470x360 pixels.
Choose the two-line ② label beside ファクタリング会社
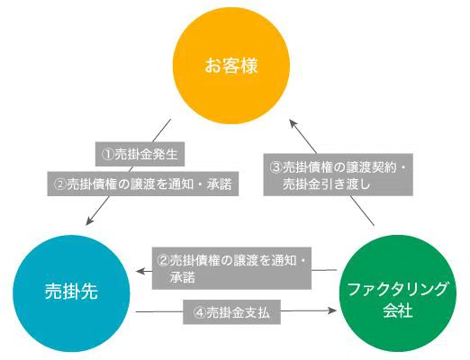point(231,268)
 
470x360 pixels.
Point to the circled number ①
point(106,155)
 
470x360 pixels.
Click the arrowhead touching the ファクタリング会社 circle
point(334,312)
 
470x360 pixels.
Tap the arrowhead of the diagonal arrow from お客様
point(89,221)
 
